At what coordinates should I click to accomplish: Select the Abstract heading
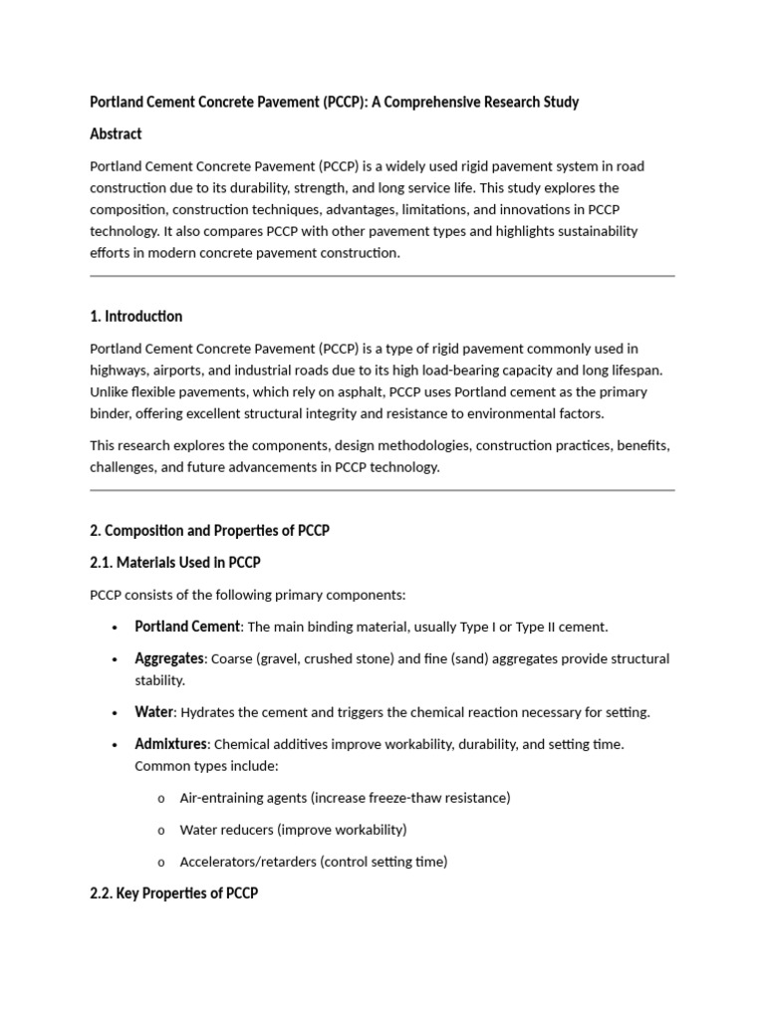[x=116, y=133]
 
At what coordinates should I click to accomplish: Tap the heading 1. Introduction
[x=135, y=316]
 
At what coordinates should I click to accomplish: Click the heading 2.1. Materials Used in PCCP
[x=174, y=562]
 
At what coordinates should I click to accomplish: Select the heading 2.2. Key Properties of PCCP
[x=173, y=893]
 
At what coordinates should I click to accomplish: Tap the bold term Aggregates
[x=169, y=658]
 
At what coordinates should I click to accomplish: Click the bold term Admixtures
[x=170, y=744]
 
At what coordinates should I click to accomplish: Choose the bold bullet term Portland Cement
[x=187, y=627]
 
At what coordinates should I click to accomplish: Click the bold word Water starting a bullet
[x=154, y=712]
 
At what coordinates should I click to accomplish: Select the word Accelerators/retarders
[x=247, y=862]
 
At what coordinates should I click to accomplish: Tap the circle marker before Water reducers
[x=160, y=830]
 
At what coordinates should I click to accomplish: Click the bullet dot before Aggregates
[x=116, y=658]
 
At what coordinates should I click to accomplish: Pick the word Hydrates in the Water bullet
[x=210, y=712]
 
